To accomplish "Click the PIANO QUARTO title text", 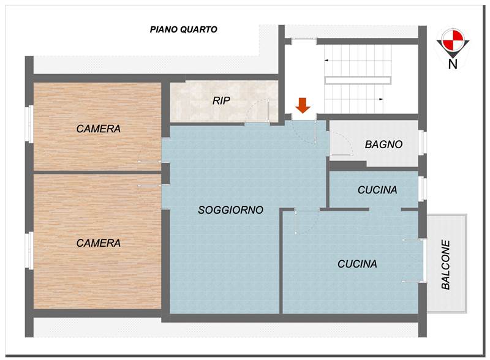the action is pos(183,29).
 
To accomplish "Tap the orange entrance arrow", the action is pos(303,105).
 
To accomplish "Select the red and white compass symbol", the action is pos(453,39).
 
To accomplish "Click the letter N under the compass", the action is pos(453,64).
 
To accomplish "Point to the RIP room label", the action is pos(221,100).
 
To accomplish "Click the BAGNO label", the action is pos(384,144).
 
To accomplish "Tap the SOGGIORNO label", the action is pos(231,210).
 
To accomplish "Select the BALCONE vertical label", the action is pos(446,264).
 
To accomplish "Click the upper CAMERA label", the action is pos(99,129).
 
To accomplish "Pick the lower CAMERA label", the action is pos(99,243).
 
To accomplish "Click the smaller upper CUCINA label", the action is pos(377,190).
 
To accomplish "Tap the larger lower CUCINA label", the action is pos(357,264).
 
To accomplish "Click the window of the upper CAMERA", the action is pos(31,124).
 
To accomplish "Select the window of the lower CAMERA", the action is pos(31,250).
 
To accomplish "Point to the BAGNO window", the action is pos(422,142).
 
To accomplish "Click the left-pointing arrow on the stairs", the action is pos(326,60).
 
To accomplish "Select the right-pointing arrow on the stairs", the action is pos(381,99).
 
